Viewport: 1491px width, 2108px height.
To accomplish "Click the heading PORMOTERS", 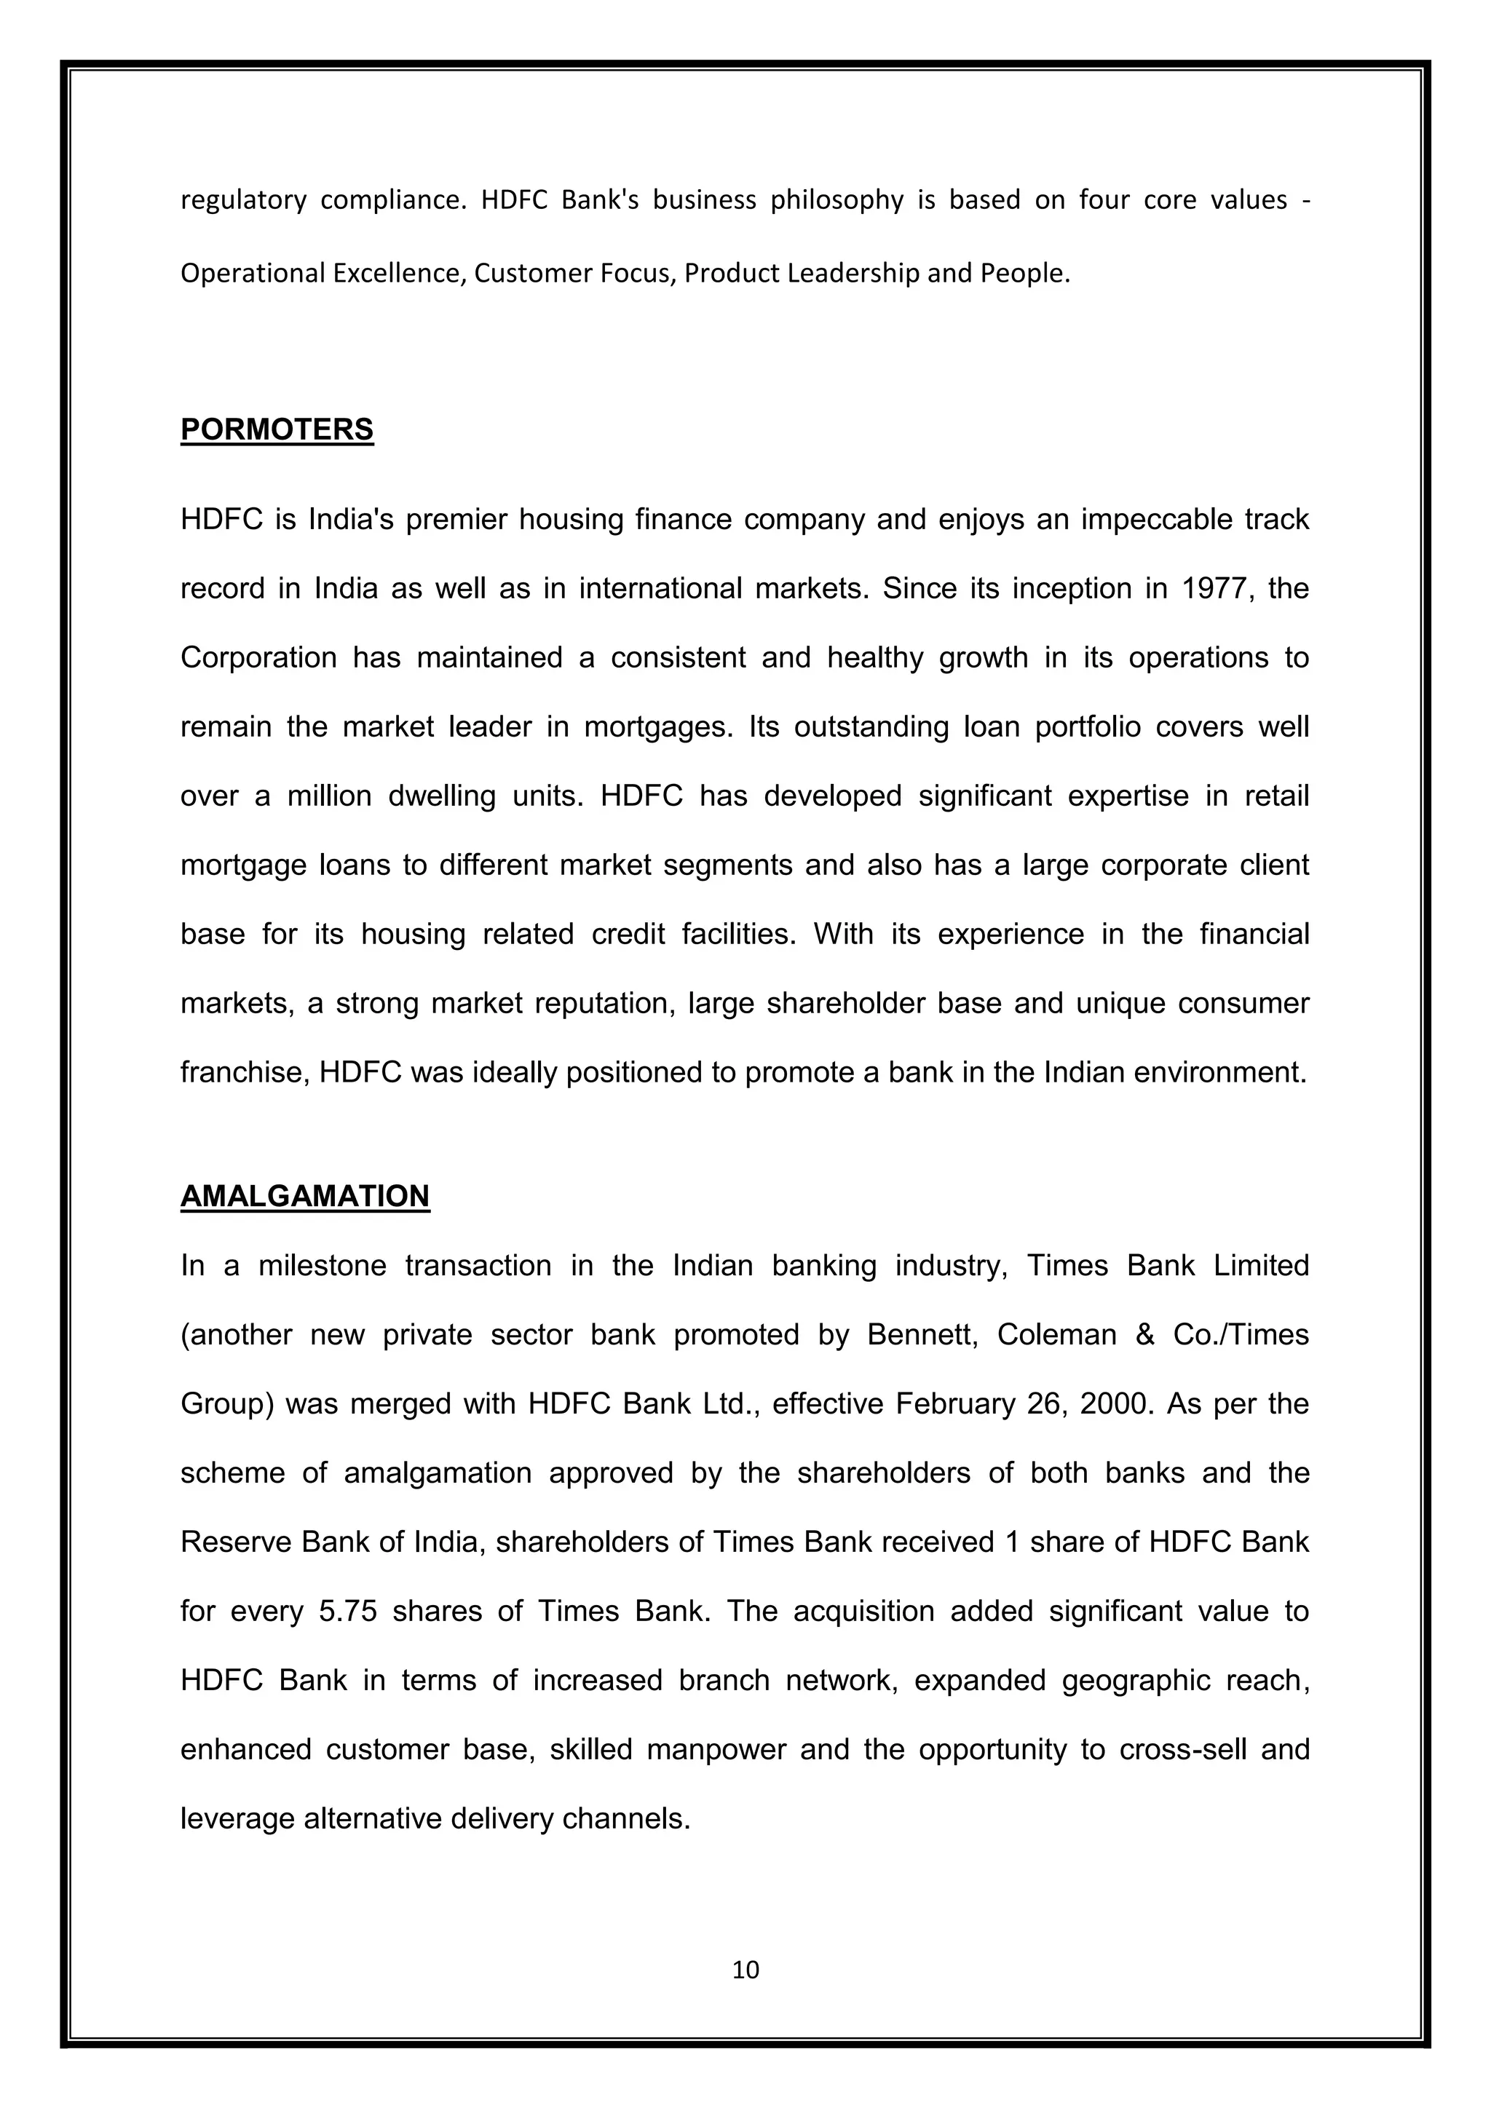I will coord(277,429).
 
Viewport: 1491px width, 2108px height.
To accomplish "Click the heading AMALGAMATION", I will coord(305,1197).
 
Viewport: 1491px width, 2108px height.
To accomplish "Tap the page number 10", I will coord(745,1970).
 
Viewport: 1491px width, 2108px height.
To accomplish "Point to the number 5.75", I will coord(348,1612).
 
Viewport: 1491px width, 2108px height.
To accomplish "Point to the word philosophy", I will coord(837,200).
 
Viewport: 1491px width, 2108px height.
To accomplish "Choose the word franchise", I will coord(242,1072).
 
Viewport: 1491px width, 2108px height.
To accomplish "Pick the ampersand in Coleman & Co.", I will coord(1145,1335).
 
